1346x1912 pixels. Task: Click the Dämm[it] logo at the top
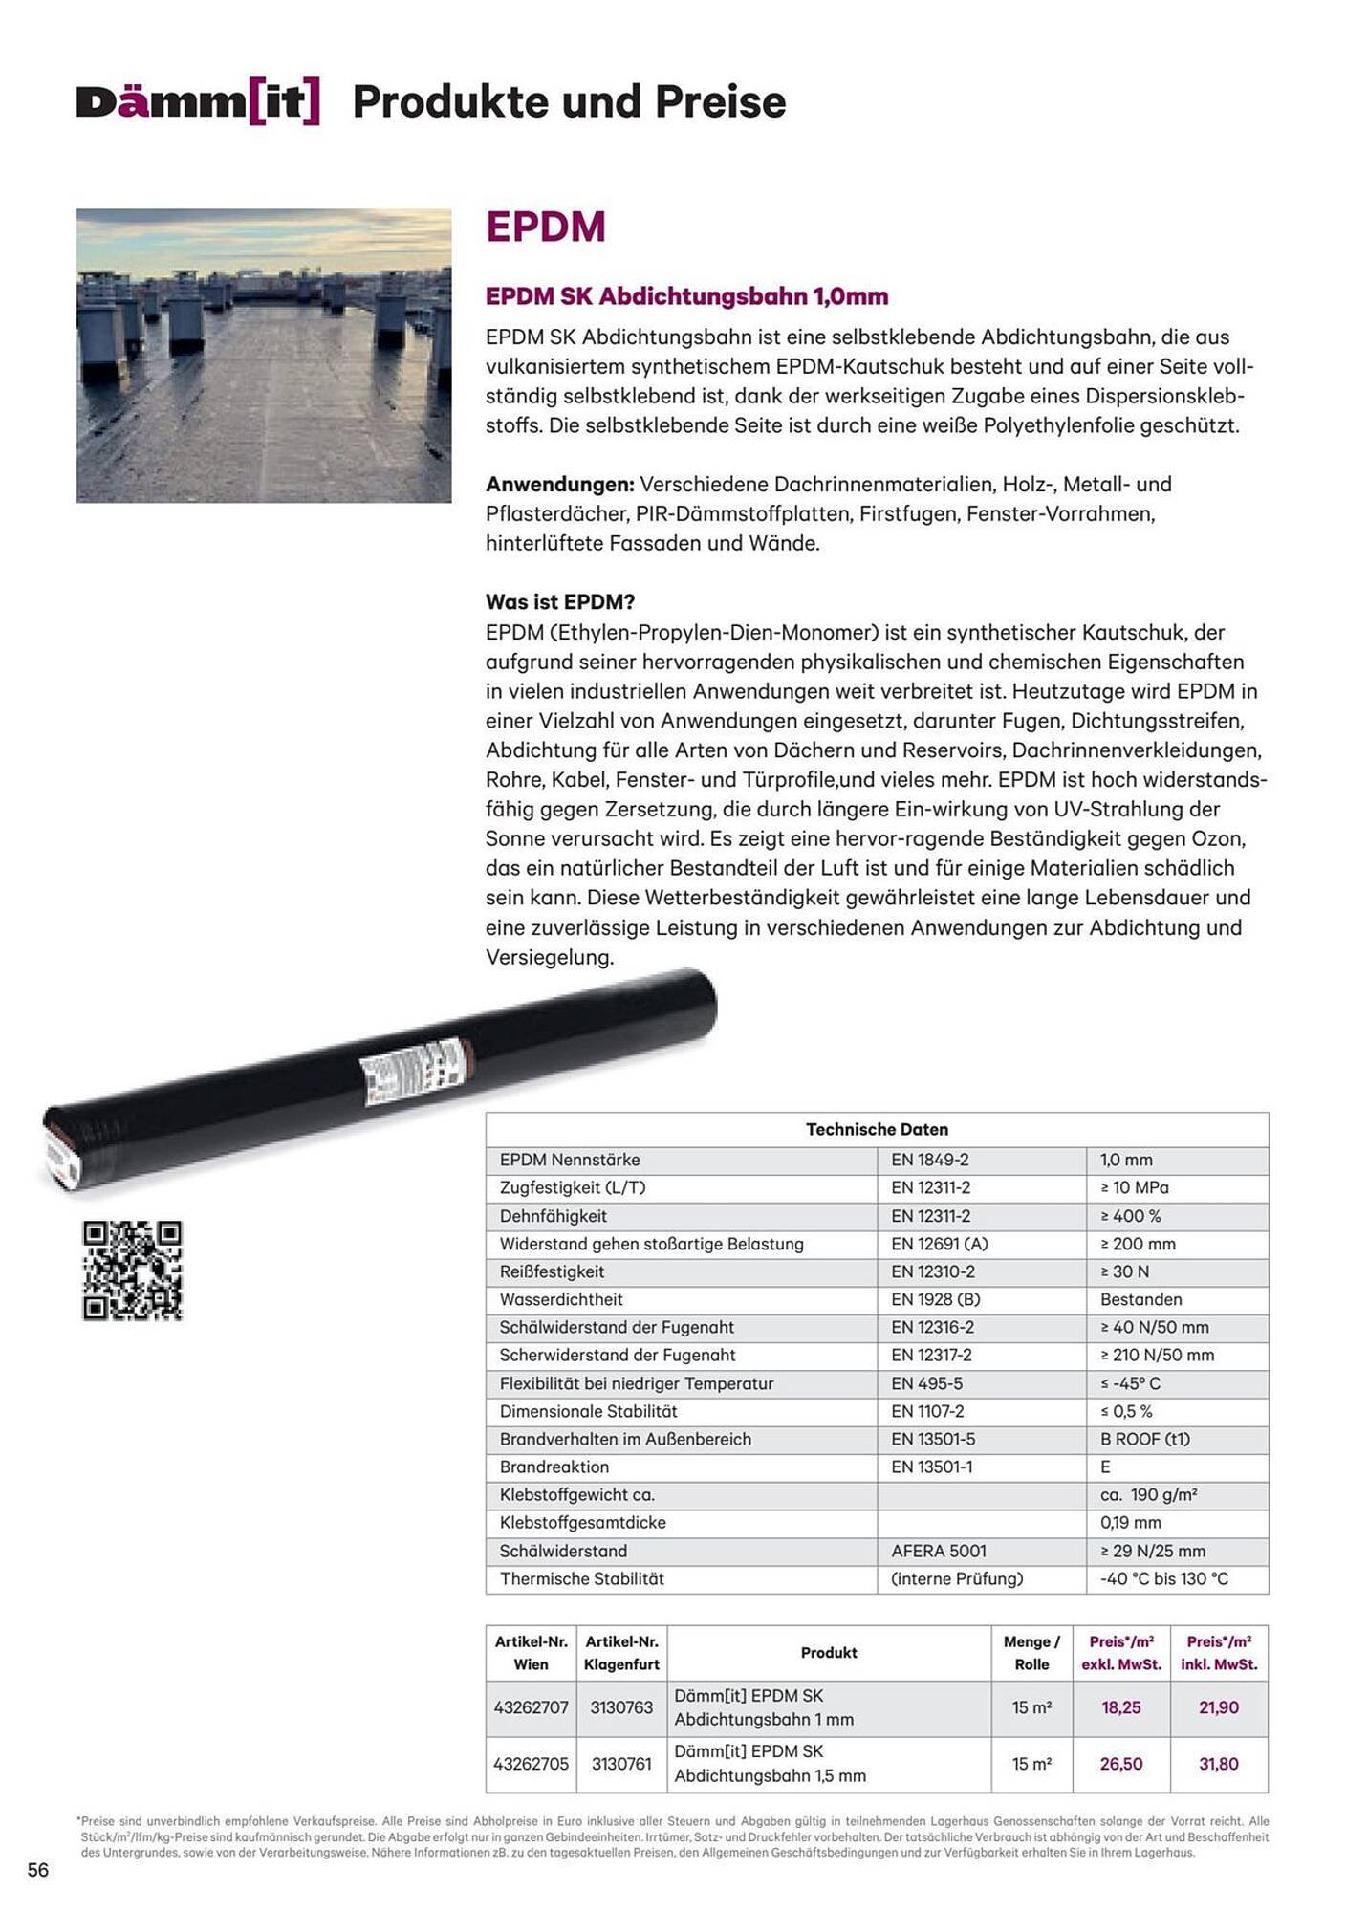[x=198, y=102]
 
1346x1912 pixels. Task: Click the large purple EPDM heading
[x=546, y=228]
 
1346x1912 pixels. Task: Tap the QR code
[x=132, y=1271]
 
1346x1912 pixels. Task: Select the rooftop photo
[x=264, y=356]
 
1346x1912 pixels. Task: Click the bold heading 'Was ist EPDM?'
[x=560, y=602]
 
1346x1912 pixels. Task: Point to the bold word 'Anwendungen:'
[x=559, y=485]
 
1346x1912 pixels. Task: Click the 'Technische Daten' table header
[x=877, y=1129]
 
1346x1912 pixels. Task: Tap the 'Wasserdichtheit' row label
[x=561, y=1299]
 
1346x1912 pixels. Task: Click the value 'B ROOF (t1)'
[x=1144, y=1439]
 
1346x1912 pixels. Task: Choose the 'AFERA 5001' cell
[x=939, y=1551]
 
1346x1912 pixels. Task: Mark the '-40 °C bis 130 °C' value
[x=1163, y=1578]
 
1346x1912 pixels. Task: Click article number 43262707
[x=531, y=1707]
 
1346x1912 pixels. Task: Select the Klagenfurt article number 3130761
[x=621, y=1764]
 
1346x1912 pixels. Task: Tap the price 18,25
[x=1120, y=1707]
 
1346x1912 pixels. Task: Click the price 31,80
[x=1218, y=1764]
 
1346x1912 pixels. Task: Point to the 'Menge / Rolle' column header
[x=1031, y=1653]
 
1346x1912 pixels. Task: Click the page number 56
[x=38, y=1870]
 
